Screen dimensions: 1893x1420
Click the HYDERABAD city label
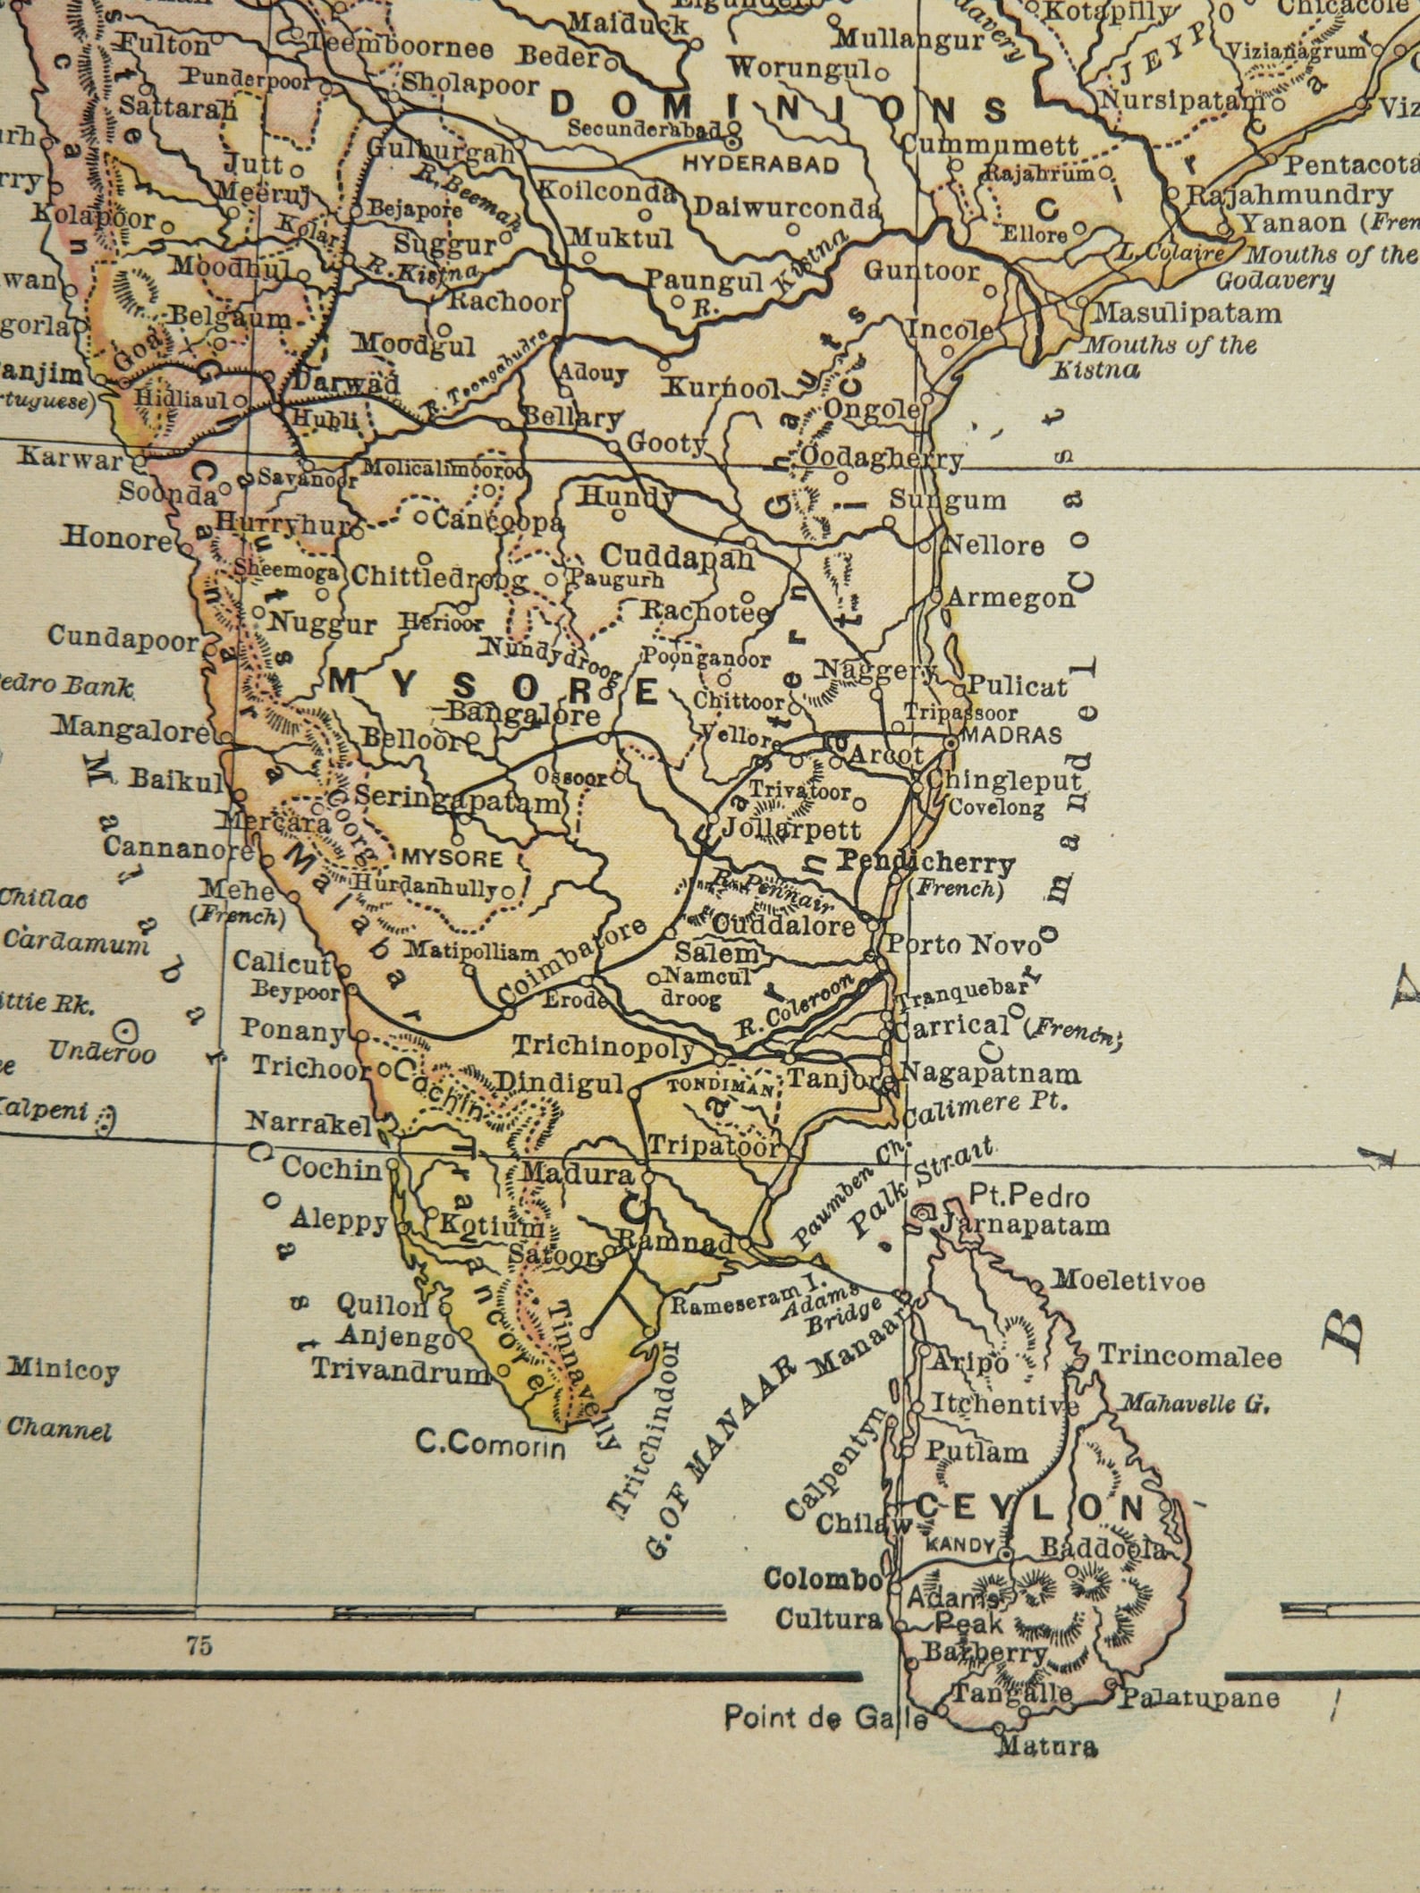point(760,165)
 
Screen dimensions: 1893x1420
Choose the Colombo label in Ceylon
point(823,1578)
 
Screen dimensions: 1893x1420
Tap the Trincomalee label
point(1189,1356)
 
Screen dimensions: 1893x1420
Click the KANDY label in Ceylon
point(960,1544)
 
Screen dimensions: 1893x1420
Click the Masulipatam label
point(1187,314)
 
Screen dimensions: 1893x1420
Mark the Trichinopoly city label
point(603,1047)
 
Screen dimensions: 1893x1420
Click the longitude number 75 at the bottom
point(199,1645)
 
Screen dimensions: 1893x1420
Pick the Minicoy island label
point(63,1369)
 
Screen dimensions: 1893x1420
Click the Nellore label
point(993,545)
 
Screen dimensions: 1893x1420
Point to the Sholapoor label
point(469,85)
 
